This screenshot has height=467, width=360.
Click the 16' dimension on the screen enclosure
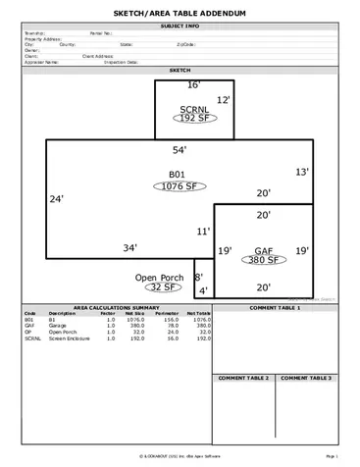pos(194,86)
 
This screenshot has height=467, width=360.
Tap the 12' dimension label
pos(223,101)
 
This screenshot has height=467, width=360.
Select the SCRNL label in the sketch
pos(194,108)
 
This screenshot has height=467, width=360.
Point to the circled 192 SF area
pos(194,118)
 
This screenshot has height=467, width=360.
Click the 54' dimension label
pos(180,150)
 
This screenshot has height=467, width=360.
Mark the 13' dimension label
pos(302,173)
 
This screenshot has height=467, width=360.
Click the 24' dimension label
pos(57,199)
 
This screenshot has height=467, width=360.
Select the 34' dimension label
pos(129,249)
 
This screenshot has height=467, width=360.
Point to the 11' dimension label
pos(203,233)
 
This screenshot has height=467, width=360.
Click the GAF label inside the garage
pos(263,250)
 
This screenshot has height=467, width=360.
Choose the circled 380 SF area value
pos(263,261)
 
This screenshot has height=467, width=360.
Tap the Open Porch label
pos(159,278)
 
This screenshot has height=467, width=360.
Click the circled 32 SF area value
pos(160,288)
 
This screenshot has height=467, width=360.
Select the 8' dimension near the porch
pos(198,278)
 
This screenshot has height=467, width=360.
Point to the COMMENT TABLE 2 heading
pos(243,378)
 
